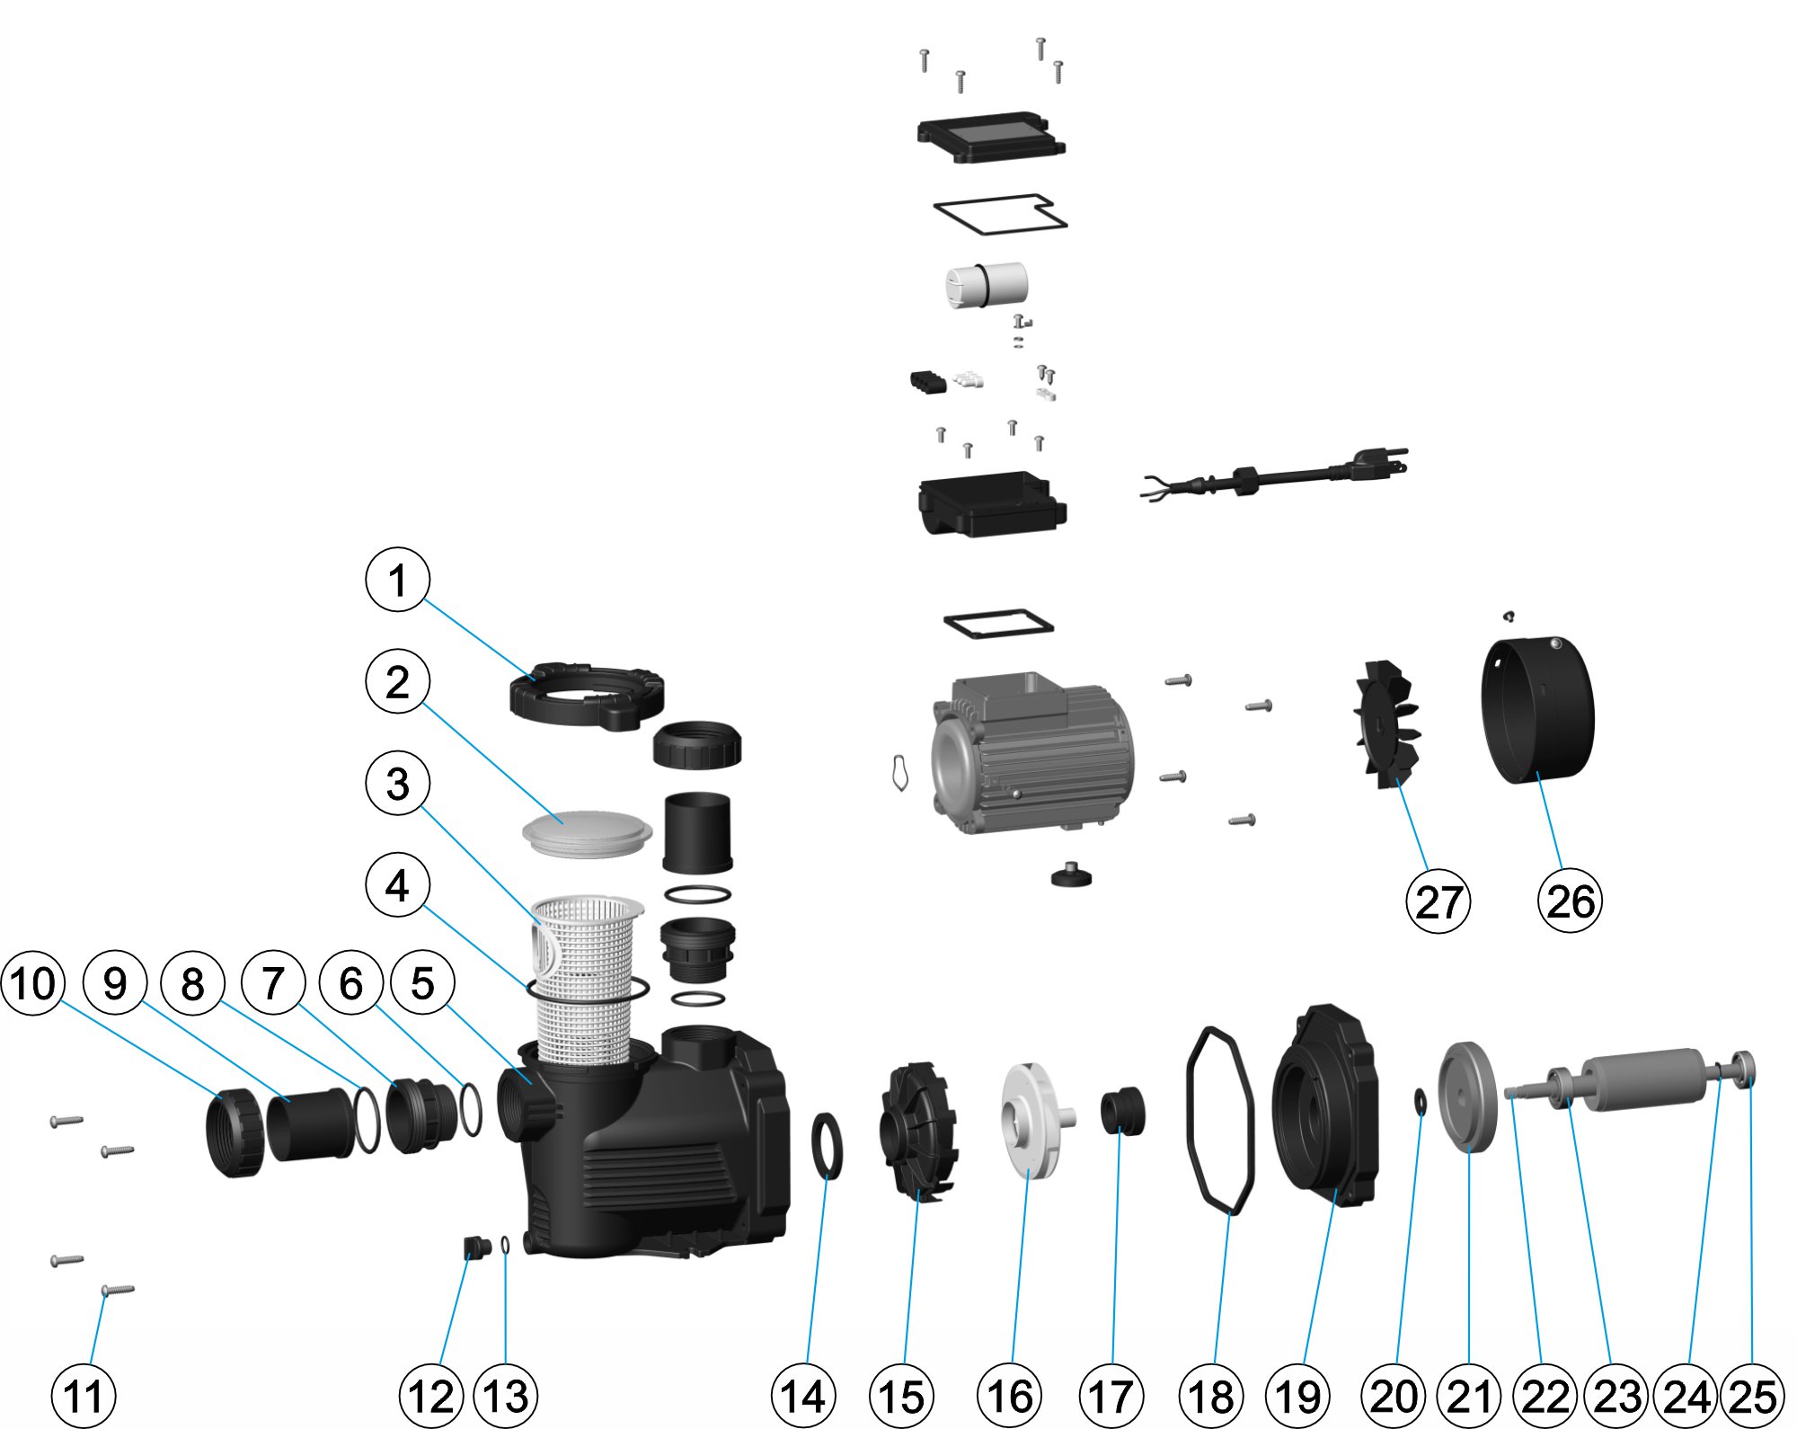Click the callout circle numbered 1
tap(397, 580)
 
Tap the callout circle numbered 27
tap(1438, 901)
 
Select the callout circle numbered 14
tap(803, 1396)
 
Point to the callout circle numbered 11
tap(84, 1396)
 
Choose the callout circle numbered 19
tap(1297, 1396)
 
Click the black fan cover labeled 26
tap(1536, 710)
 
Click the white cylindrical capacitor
tap(986, 284)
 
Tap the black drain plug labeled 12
tap(474, 1247)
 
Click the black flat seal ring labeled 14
tap(827, 1144)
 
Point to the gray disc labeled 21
tap(1466, 1095)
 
